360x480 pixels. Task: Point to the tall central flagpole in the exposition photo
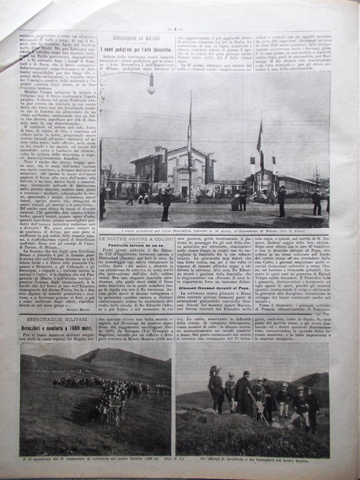coord(190,150)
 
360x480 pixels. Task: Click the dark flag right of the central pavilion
coord(259,139)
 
